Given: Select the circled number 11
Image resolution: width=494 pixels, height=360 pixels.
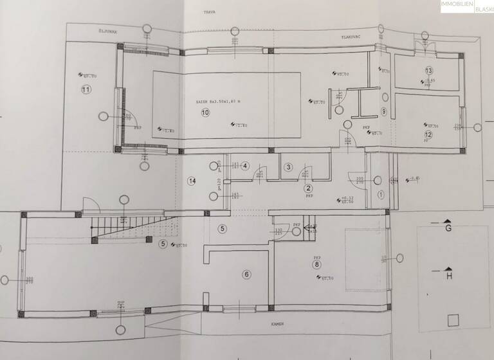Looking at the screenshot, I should (x=85, y=89).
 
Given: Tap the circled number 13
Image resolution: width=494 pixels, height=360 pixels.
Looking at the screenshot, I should (x=428, y=70).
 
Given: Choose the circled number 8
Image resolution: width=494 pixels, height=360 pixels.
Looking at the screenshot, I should (x=316, y=264).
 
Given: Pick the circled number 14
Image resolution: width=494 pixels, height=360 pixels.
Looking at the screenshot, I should (x=191, y=181).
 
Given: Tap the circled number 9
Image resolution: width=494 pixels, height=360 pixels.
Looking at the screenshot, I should (x=383, y=111).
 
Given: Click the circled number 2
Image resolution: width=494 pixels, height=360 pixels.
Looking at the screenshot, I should (x=308, y=188).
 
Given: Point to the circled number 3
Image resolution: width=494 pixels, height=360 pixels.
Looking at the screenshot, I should (x=289, y=167).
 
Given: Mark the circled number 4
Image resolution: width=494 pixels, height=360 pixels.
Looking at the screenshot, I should (x=244, y=166).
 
